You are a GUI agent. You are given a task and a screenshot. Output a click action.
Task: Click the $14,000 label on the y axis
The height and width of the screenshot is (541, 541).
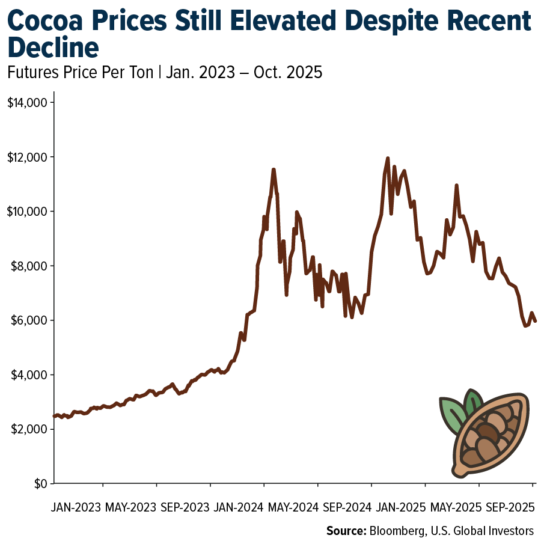(27, 103)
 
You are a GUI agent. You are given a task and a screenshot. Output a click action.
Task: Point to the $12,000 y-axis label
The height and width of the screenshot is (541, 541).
(27, 157)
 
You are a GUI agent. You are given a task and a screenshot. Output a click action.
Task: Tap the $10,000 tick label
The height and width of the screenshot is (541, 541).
(27, 212)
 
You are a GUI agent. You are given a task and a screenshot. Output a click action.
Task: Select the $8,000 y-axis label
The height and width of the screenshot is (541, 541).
(29, 266)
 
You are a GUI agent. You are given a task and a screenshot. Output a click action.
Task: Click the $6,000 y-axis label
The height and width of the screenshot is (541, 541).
(29, 320)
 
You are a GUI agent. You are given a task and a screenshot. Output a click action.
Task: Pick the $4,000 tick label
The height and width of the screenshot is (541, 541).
(29, 375)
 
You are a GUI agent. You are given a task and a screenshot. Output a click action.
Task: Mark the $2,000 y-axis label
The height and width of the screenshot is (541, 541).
(29, 429)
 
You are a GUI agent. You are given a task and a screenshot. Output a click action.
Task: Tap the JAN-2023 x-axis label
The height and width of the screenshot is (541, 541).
(76, 507)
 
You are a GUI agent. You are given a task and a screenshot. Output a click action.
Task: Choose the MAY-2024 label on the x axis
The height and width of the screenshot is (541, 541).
(294, 507)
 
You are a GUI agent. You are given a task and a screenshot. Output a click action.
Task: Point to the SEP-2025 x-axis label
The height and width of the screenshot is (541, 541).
(510, 507)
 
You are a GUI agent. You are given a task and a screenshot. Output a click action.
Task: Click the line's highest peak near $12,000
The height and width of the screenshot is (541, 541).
(387, 159)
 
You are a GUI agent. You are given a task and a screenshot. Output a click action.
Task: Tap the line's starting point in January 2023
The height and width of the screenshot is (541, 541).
(55, 416)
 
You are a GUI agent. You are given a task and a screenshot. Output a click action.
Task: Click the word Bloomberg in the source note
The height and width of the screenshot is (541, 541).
(397, 531)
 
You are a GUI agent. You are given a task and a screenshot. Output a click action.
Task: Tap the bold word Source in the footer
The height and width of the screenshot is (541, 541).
(346, 531)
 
